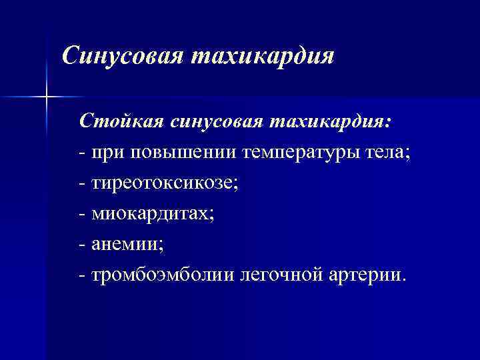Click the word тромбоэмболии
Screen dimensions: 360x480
[x=164, y=275]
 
